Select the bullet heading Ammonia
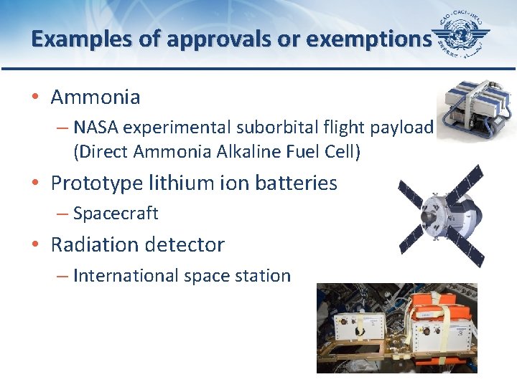(x=96, y=97)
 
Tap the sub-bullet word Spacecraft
(x=116, y=214)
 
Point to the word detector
(x=188, y=245)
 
